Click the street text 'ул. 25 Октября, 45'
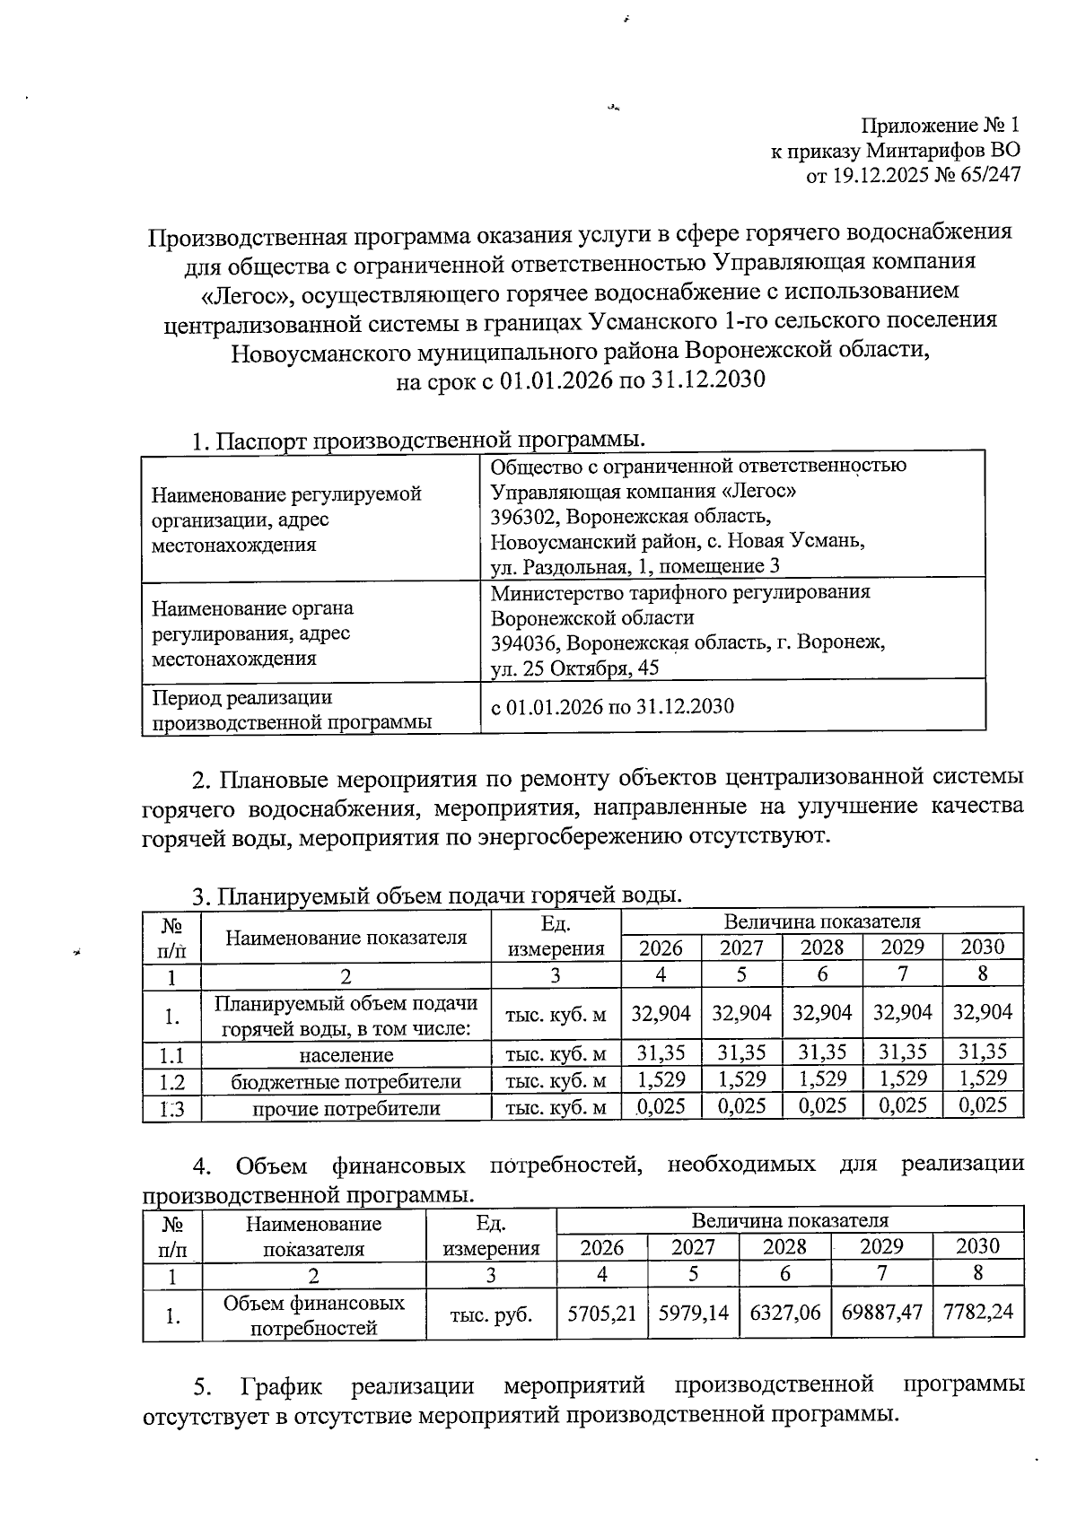(574, 668)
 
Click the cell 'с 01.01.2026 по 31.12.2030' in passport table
(612, 707)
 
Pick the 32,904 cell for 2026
(661, 1013)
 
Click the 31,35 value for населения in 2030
(983, 1052)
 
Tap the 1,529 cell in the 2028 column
(822, 1078)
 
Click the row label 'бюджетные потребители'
(346, 1082)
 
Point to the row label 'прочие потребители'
(346, 1109)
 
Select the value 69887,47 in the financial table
(881, 1312)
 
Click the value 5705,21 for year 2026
(601, 1312)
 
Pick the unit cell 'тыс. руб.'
(491, 1315)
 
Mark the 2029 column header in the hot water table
(902, 947)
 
